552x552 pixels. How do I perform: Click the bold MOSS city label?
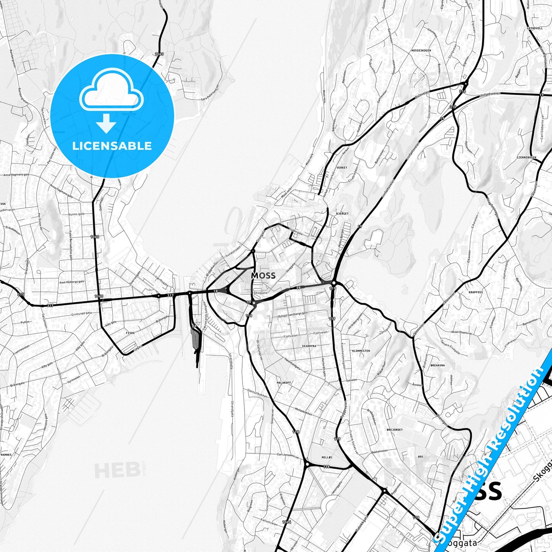click(263, 275)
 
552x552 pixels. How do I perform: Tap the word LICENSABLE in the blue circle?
click(112, 146)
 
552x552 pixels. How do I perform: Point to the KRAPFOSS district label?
click(476, 292)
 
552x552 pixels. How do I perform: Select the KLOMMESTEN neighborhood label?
click(361, 350)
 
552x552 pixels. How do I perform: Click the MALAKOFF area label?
click(284, 382)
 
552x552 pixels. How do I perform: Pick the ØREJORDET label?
click(395, 430)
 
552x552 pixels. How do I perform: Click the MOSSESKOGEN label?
click(421, 50)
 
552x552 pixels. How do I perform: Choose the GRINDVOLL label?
click(534, 28)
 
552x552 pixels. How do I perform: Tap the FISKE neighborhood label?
click(130, 333)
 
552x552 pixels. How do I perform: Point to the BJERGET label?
click(342, 214)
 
